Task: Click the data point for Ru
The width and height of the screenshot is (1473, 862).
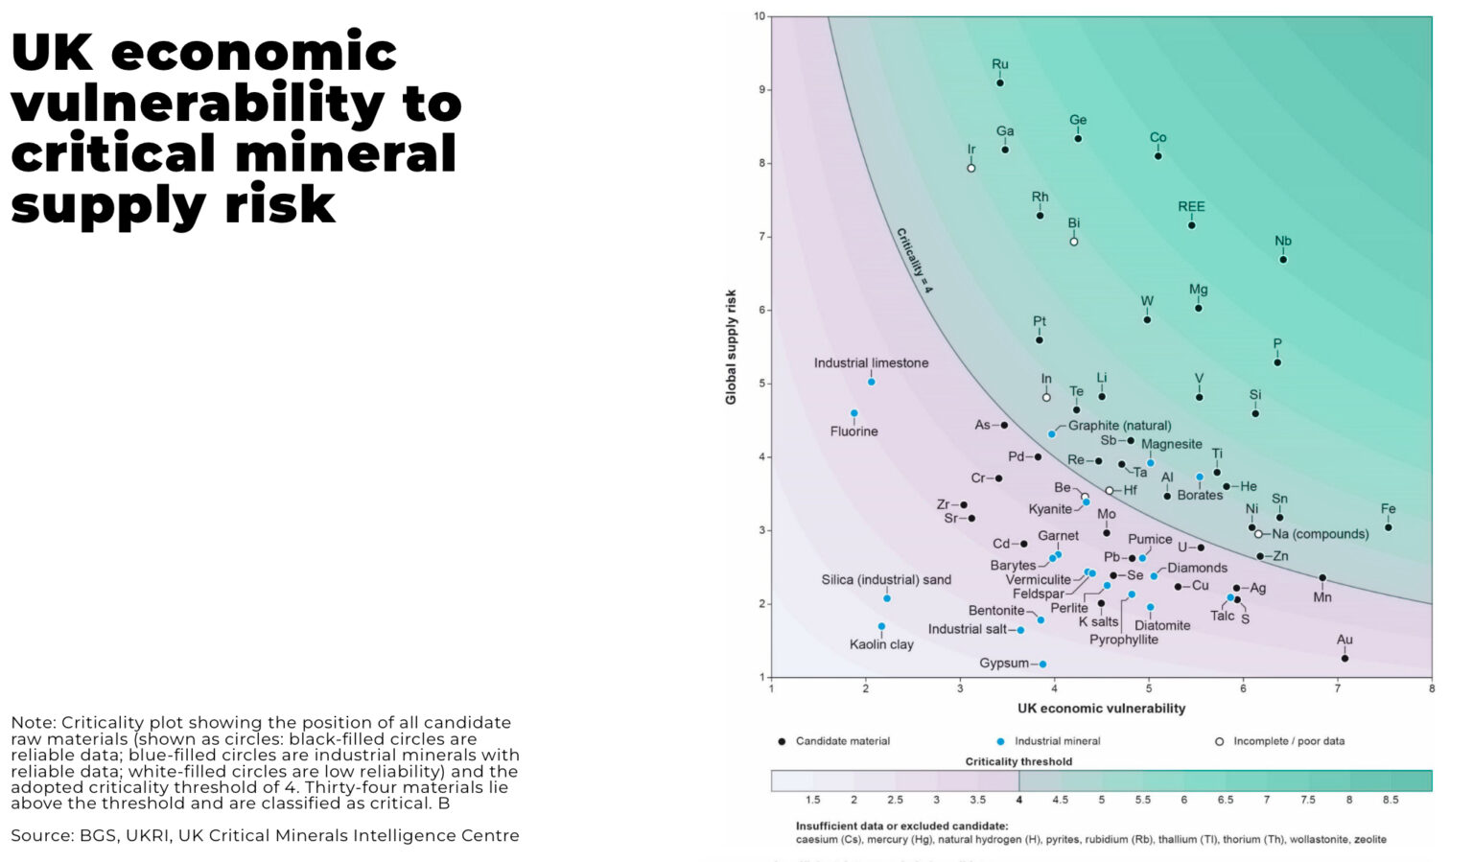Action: click(1000, 83)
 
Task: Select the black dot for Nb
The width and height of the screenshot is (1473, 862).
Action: click(1283, 260)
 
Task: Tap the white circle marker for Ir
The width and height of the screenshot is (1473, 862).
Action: click(971, 168)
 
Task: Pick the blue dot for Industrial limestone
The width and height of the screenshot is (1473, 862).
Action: click(872, 382)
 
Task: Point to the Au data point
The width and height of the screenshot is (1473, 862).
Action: click(1344, 659)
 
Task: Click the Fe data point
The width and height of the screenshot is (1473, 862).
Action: click(1389, 527)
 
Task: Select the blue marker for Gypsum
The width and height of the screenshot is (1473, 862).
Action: click(1043, 664)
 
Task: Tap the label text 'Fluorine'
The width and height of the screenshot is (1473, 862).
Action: click(853, 431)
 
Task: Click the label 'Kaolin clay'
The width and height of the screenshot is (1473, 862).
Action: click(881, 644)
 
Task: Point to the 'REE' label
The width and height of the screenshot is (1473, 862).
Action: click(1191, 207)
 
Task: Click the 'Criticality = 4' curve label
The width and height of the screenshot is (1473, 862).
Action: click(914, 260)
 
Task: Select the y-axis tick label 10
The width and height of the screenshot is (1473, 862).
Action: click(760, 16)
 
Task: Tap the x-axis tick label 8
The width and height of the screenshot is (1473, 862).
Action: click(1432, 687)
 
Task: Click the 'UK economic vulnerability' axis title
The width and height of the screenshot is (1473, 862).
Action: click(1101, 709)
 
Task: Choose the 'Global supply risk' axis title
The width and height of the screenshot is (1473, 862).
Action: click(731, 347)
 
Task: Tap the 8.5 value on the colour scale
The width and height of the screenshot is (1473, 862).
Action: click(1390, 800)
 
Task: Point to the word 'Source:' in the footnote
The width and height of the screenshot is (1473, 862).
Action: click(41, 836)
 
